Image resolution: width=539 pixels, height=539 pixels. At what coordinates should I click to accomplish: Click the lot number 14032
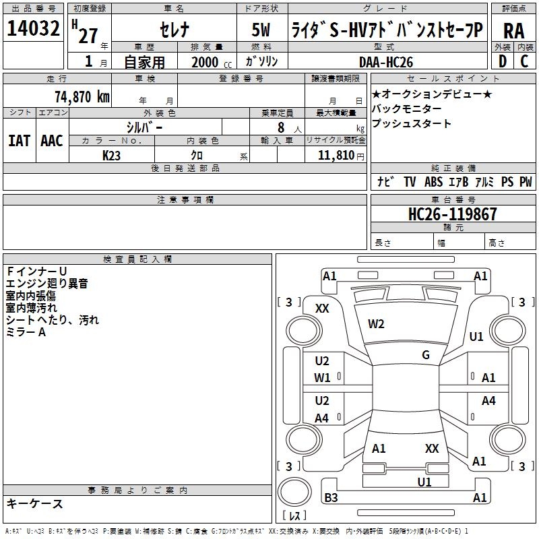pyautogui.click(x=34, y=30)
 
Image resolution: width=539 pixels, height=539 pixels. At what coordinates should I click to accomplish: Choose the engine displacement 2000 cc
pyautogui.click(x=205, y=62)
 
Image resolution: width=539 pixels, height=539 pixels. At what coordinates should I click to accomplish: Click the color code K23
pyautogui.click(x=112, y=155)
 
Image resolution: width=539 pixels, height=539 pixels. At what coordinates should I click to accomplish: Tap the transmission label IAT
pyautogui.click(x=19, y=141)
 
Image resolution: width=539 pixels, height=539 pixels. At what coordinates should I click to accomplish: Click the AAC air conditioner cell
pyautogui.click(x=52, y=141)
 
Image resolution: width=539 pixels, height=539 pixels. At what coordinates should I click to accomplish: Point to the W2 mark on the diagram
pyautogui.click(x=376, y=324)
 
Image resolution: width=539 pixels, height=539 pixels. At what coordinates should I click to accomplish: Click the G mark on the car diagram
pyautogui.click(x=426, y=355)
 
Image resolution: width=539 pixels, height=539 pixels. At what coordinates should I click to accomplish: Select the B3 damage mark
pyautogui.click(x=331, y=498)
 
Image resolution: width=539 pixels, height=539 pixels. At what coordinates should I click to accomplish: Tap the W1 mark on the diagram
pyautogui.click(x=323, y=378)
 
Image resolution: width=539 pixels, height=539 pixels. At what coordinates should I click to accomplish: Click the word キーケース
pyautogui.click(x=35, y=503)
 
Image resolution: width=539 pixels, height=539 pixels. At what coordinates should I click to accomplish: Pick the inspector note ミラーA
pyautogui.click(x=26, y=332)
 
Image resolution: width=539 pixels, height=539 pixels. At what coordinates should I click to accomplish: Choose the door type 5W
pyautogui.click(x=262, y=30)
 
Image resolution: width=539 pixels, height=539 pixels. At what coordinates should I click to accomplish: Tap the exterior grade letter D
pyautogui.click(x=502, y=61)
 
